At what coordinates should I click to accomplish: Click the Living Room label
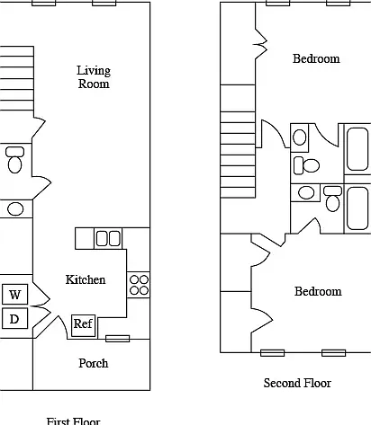[x=94, y=77]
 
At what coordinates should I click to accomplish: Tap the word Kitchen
[x=86, y=279]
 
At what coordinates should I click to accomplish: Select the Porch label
[x=94, y=363]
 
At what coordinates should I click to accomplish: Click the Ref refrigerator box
[x=84, y=325]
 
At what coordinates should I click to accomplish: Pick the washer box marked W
[x=15, y=294]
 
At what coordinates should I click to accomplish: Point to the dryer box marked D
[x=15, y=318]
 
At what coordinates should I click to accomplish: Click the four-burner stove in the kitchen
[x=139, y=285]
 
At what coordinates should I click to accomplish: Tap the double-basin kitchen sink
[x=108, y=238]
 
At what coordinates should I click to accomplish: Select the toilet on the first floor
[x=14, y=160]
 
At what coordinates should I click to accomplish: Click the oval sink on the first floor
[x=15, y=208]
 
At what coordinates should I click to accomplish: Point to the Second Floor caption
[x=297, y=383]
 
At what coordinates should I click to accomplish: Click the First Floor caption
[x=73, y=421]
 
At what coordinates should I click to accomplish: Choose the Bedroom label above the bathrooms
[x=316, y=58]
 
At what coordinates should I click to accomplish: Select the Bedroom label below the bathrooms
[x=318, y=291]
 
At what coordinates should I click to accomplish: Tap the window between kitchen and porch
[x=118, y=339]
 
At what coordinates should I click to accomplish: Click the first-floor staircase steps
[x=17, y=78]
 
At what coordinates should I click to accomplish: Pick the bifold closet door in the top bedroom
[x=261, y=44]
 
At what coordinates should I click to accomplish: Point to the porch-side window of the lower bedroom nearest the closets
[x=272, y=353]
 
